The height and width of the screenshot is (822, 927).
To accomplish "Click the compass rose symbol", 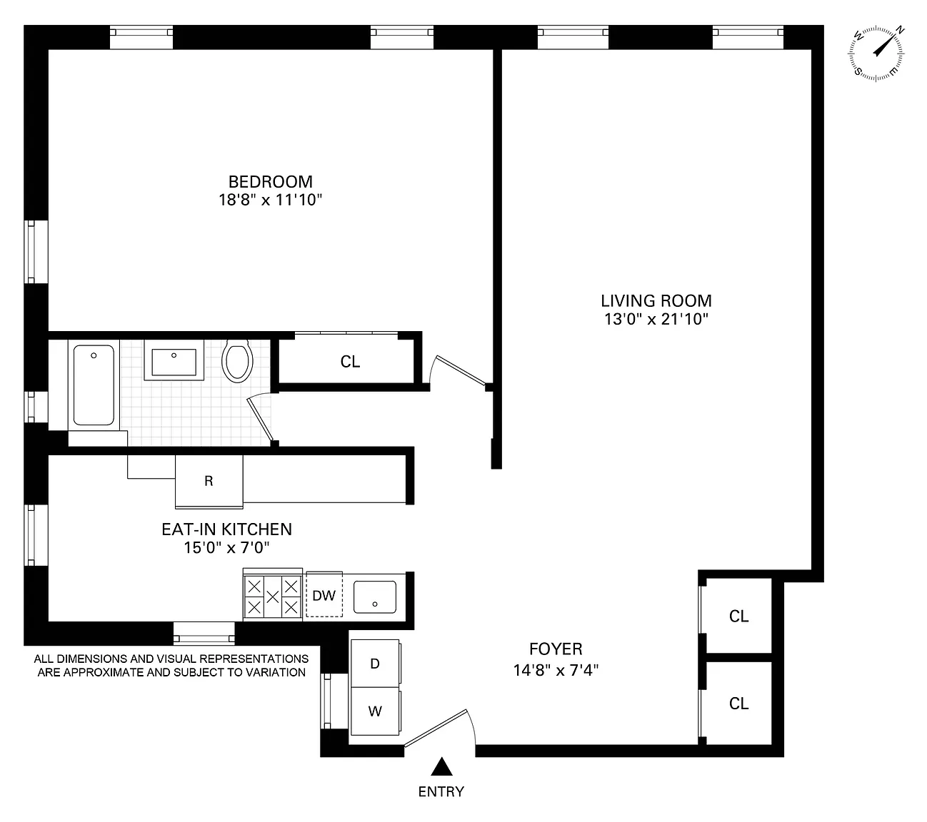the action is tap(876, 54).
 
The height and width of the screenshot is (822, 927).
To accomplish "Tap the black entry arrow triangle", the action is tap(441, 766).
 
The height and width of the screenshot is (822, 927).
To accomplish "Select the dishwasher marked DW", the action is tap(324, 595).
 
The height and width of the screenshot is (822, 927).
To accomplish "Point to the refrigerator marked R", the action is tap(209, 482).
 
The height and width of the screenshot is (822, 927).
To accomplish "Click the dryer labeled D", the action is tap(375, 664).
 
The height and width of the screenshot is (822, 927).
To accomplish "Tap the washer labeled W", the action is tap(375, 711).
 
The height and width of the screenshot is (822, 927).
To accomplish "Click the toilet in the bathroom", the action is tap(238, 361).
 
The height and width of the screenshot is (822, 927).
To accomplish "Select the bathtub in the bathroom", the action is tap(94, 385).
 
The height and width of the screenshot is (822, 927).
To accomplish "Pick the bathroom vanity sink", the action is tap(174, 360).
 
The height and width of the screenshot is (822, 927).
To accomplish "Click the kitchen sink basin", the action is tap(375, 597).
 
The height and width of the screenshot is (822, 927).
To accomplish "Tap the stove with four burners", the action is tap(273, 596).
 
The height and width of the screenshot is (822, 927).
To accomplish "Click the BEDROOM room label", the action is tap(271, 182).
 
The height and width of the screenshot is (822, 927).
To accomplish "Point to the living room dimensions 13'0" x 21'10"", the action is tap(656, 319).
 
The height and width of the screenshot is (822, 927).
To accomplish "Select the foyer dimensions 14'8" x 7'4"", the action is tap(556, 670).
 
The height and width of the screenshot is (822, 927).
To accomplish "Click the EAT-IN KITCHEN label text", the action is tap(226, 529).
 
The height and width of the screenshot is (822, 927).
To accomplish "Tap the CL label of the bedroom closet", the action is tap(350, 362).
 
